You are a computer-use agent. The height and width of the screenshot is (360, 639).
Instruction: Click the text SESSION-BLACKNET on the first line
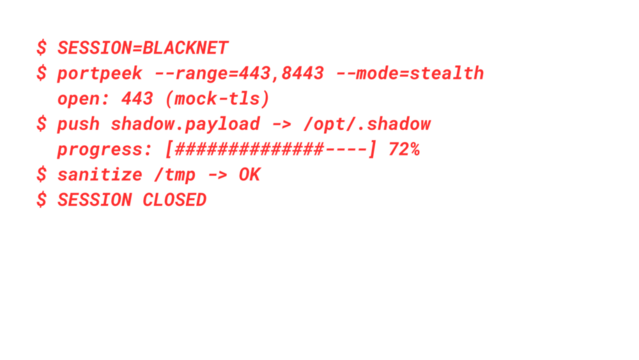[x=143, y=47]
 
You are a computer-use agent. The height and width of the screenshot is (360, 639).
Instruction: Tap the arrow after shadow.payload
[x=281, y=124]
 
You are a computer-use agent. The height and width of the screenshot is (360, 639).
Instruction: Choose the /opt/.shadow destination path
[x=367, y=124]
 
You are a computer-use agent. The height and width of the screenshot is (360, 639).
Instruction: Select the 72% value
[x=404, y=149]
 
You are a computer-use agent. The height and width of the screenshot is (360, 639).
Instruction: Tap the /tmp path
[x=174, y=174]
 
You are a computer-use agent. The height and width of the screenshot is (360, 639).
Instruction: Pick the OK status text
[x=249, y=174]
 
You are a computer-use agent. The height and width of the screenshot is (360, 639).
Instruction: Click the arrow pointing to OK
[x=217, y=174]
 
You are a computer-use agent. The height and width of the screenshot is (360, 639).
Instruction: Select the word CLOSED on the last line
[x=174, y=199]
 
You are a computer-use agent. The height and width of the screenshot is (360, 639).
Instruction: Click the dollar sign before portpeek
[x=41, y=73]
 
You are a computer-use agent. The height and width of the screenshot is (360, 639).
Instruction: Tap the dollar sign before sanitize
[x=41, y=174]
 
